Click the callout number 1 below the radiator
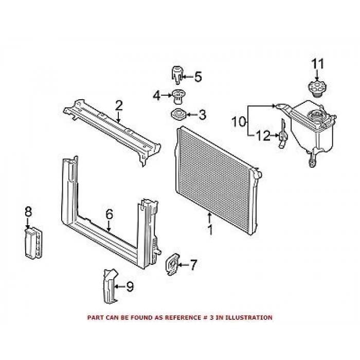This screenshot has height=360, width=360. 210,230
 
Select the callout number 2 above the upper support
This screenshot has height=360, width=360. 119,106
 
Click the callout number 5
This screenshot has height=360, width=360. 197,77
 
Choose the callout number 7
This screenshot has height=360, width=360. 193,265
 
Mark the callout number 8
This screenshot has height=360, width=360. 28,211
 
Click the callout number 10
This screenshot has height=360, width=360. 238,122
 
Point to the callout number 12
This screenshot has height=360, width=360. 263,136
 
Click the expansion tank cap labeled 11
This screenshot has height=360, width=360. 315,87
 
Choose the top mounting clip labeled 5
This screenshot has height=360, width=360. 176,75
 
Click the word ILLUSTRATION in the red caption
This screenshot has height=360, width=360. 248,318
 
